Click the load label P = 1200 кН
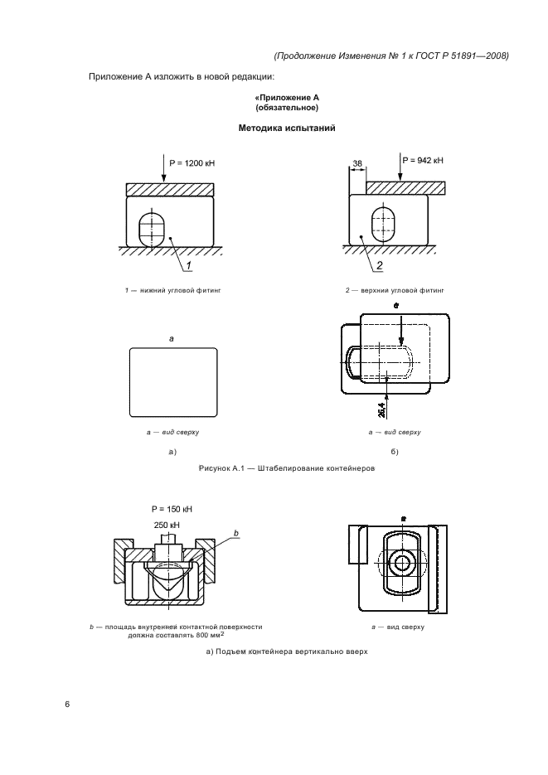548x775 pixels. (x=192, y=163)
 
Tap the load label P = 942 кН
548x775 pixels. (x=423, y=160)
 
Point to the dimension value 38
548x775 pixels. (x=357, y=163)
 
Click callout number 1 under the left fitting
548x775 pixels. (x=188, y=266)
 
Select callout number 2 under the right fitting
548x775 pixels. (x=380, y=266)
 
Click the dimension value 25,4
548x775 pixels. (x=381, y=409)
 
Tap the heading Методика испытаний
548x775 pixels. (x=287, y=128)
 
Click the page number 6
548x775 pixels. (x=67, y=705)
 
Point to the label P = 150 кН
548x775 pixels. (x=172, y=509)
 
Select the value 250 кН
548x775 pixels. (x=167, y=525)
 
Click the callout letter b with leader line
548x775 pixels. (x=235, y=533)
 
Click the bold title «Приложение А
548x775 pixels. (x=287, y=97)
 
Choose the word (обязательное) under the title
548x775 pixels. (x=287, y=107)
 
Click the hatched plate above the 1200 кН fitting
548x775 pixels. (x=170, y=189)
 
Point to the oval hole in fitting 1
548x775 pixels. (x=151, y=230)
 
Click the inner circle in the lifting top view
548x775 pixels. (x=402, y=563)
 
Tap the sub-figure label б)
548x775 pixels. (x=395, y=452)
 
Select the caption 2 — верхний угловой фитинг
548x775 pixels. (x=395, y=291)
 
